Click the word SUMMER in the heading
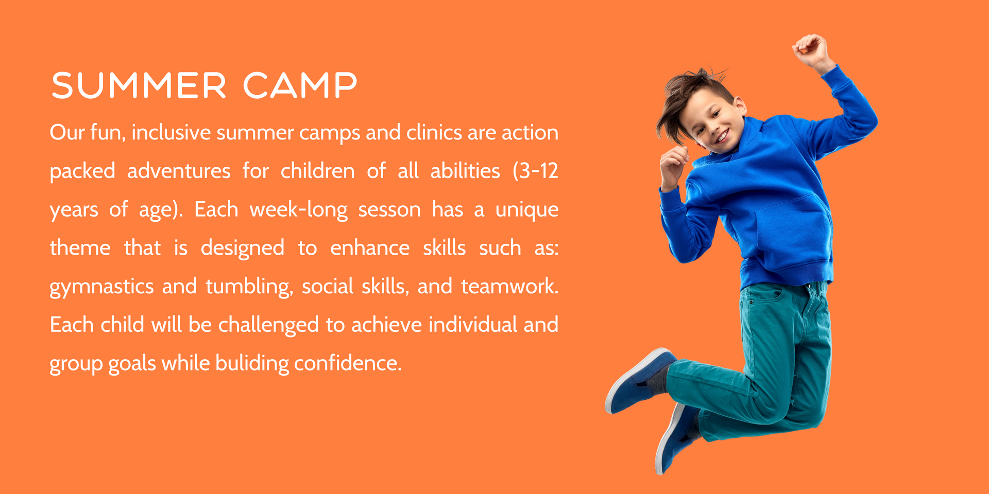tap(139, 85)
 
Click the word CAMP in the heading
tap(300, 85)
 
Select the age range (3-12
tap(535, 171)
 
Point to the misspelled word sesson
tap(389, 210)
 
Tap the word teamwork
tap(509, 287)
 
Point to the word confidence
tap(348, 363)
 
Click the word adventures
tap(179, 171)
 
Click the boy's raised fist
tap(811, 50)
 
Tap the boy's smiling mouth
tap(722, 136)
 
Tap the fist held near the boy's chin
tap(673, 165)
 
